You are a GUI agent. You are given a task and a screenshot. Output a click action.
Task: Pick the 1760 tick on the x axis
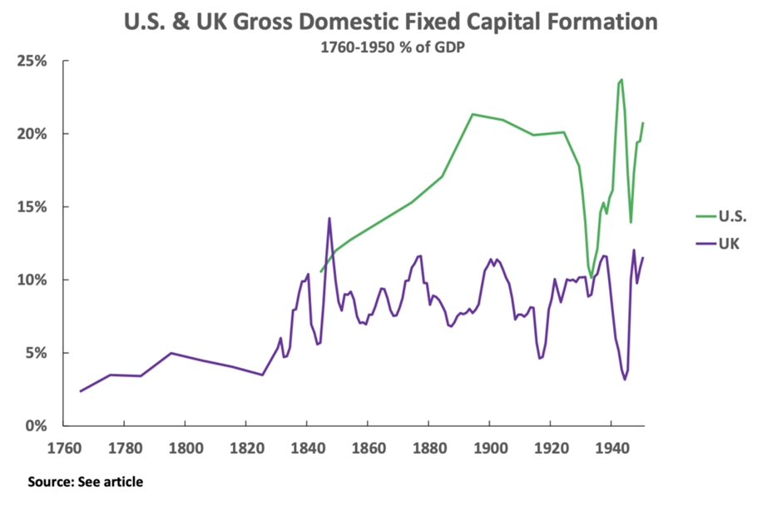coord(63,447)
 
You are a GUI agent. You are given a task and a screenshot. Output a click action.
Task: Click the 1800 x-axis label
coord(185,447)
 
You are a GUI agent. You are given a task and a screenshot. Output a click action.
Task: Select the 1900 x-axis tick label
coord(489,447)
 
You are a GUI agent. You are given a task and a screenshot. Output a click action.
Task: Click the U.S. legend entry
coord(732,217)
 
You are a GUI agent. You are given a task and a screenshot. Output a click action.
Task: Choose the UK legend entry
coord(729,244)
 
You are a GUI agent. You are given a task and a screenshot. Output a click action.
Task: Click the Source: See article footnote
coord(85,482)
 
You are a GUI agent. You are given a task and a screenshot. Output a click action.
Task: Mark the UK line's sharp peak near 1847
coord(329,219)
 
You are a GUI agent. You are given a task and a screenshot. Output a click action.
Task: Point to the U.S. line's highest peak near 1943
coord(621,80)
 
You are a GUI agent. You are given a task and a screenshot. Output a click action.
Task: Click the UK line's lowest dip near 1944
coord(625,379)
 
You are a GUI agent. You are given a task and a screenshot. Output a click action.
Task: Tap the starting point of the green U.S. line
coord(321,271)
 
